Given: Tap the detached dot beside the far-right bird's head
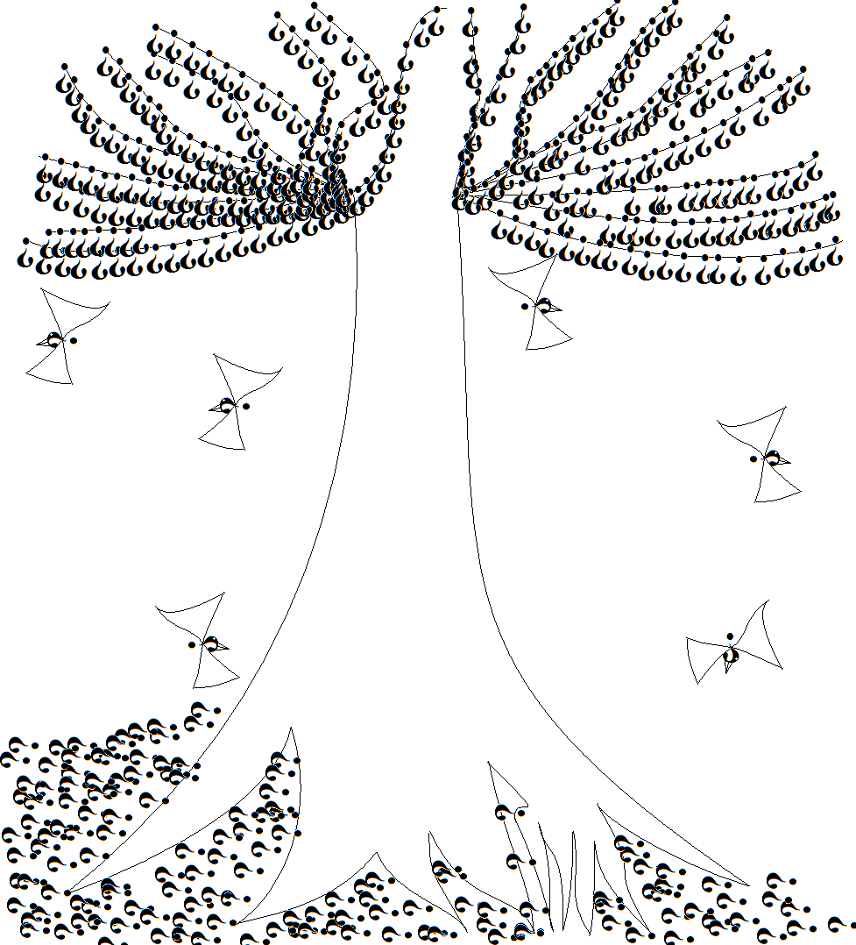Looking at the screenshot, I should [753, 458].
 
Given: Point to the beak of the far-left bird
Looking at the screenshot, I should [40, 343].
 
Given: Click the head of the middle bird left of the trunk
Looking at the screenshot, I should [227, 405].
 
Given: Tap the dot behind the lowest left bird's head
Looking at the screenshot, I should [192, 644].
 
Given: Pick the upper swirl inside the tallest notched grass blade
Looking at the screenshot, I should [502, 813].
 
